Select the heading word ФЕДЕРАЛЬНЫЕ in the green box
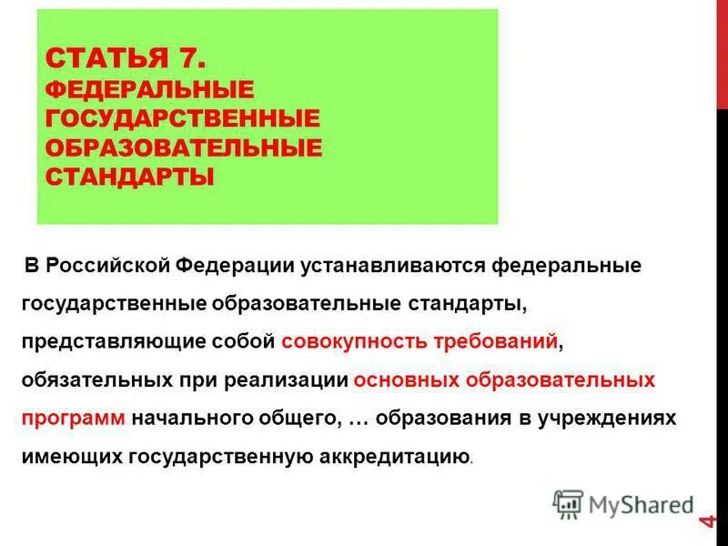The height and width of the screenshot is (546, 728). [149, 89]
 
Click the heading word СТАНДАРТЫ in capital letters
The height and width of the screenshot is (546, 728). [129, 175]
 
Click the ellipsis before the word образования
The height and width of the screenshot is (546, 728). [358, 418]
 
